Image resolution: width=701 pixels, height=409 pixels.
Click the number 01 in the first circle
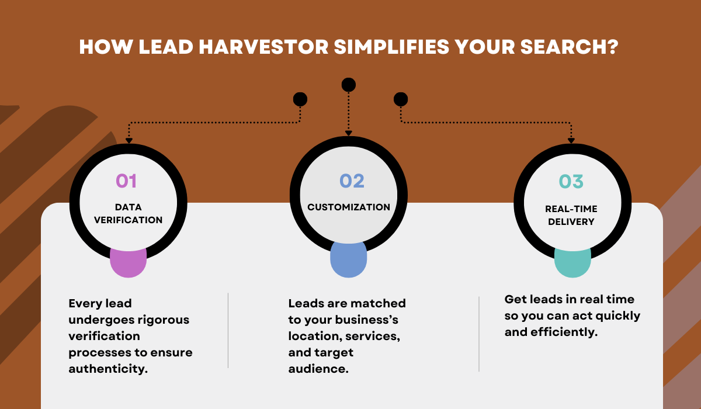tap(126, 181)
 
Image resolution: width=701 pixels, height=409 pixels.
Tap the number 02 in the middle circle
tap(352, 181)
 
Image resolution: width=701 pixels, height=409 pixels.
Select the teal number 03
tap(571, 181)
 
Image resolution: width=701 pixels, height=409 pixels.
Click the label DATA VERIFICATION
tap(129, 213)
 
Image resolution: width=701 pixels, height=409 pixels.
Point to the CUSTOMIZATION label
tap(349, 207)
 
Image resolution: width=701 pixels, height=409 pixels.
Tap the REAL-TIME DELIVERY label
tap(571, 214)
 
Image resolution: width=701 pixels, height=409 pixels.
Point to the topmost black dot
tap(348, 85)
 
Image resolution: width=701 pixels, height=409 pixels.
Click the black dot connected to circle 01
tap(300, 99)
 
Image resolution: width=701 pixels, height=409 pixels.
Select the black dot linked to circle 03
tap(401, 99)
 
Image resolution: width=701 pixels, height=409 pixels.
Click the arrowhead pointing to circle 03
tap(571, 140)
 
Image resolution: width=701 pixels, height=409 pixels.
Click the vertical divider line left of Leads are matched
tap(228, 330)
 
